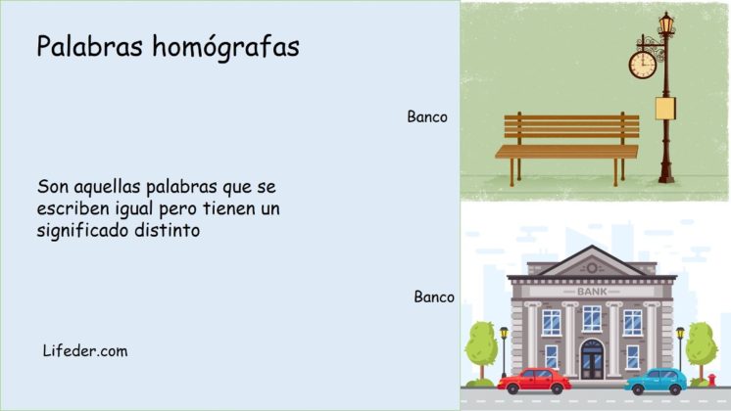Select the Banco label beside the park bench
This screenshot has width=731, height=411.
[427, 116]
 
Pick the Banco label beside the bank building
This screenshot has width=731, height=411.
[434, 297]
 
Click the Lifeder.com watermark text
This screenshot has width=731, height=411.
[85, 350]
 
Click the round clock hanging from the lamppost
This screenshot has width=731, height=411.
[642, 65]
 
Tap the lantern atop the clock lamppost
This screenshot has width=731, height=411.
[666, 23]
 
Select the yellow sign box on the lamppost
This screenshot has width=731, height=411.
[666, 107]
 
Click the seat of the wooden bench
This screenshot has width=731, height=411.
[566, 151]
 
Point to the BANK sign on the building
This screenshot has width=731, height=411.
[591, 292]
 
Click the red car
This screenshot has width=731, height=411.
[533, 380]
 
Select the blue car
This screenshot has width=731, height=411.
[655, 380]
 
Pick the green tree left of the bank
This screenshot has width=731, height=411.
[481, 342]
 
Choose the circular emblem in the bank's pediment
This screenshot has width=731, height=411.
[591, 266]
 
